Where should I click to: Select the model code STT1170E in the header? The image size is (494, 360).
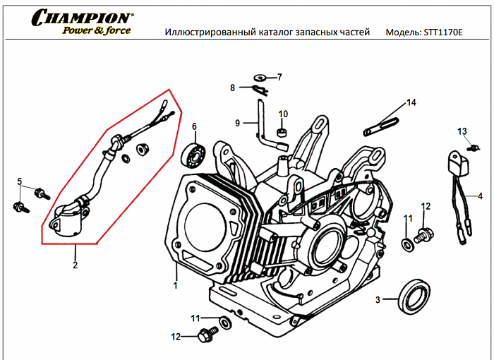[435, 32]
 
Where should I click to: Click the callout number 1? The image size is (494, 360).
[175, 285]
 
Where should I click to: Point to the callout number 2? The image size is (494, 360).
[75, 266]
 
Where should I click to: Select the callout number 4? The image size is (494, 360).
[480, 196]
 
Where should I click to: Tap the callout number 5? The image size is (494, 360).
[20, 181]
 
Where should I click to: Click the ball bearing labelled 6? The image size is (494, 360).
[194, 153]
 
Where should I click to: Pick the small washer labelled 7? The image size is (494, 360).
[260, 77]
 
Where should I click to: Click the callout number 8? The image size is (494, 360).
[232, 88]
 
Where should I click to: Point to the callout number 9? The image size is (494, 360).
[238, 124]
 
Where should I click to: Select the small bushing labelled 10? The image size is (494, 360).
[282, 132]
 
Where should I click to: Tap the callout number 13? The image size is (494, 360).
[462, 131]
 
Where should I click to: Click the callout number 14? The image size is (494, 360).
[411, 103]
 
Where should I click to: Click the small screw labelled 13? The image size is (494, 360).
[475, 147]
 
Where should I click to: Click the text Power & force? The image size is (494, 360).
[96, 31]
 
